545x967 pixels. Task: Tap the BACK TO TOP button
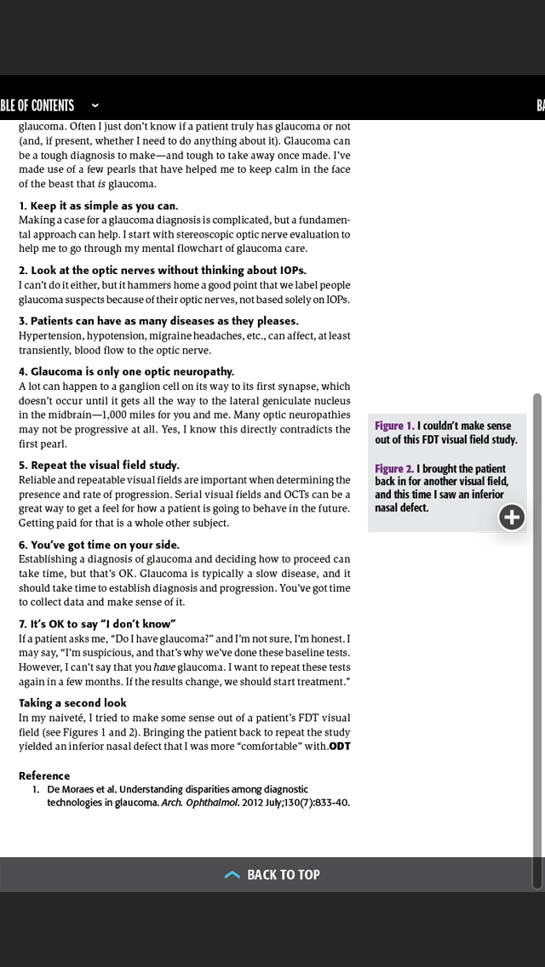tap(272, 874)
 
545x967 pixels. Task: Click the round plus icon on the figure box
tap(512, 517)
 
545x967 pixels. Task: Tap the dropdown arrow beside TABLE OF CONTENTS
tap(95, 106)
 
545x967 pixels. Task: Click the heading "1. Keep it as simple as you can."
tap(98, 206)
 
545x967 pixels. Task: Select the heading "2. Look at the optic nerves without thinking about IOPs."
tap(162, 271)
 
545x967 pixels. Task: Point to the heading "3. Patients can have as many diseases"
tap(158, 321)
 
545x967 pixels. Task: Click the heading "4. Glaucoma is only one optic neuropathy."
tap(126, 371)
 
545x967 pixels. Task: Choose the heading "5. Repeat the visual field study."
tap(99, 465)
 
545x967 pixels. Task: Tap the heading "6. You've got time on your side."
tap(99, 545)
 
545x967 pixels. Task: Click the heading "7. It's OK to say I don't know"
tap(97, 624)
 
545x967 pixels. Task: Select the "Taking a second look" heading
tap(72, 703)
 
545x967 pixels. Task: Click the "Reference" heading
tap(44, 775)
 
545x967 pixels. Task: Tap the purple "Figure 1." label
tap(394, 426)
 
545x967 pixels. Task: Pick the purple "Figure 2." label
tap(394, 469)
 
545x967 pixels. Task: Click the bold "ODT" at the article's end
tap(340, 747)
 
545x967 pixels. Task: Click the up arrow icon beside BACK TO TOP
tap(232, 874)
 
